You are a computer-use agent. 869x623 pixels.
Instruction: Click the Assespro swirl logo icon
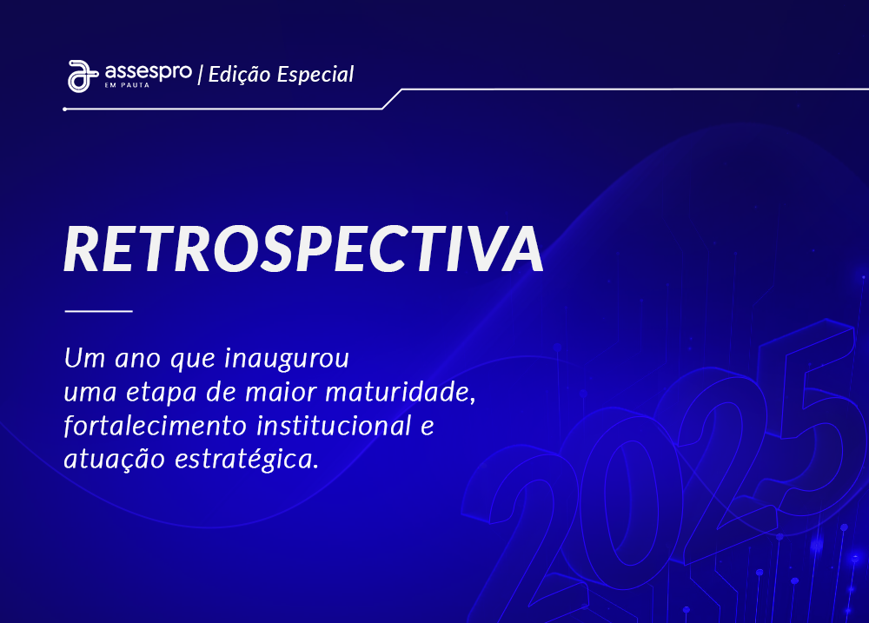pos(83,76)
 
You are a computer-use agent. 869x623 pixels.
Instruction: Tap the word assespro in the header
pos(149,73)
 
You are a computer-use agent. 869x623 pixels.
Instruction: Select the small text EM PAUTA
pos(127,85)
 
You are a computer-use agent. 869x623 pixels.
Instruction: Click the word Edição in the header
pos(240,74)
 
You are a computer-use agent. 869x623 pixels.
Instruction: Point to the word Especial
pos(315,74)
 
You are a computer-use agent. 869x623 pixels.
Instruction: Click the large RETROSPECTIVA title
pos(303,249)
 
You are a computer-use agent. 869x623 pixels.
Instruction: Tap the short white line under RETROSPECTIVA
pos(99,311)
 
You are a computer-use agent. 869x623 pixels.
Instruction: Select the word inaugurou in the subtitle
pos(287,359)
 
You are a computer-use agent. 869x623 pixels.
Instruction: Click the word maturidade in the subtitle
pos(400,392)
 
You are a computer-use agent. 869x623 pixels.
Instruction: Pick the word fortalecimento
pos(156,426)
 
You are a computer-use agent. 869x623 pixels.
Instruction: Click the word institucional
pos(335,426)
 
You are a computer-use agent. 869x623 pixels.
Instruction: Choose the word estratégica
pos(247,460)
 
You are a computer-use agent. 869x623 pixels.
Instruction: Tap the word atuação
pos(115,460)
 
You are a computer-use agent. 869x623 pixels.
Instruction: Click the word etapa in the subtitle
pos(162,393)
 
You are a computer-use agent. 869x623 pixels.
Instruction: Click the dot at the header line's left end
pos(65,109)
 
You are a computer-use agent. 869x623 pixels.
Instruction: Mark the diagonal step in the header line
pos(392,99)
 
